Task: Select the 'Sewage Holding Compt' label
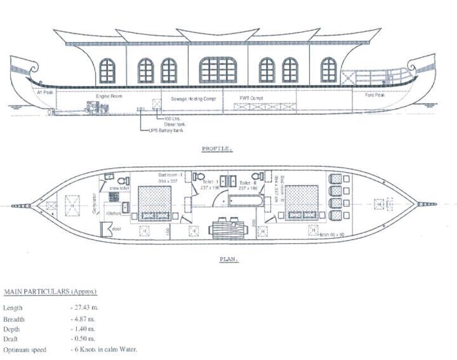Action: (x=194, y=100)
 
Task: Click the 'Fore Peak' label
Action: (x=375, y=97)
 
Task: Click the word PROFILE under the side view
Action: (x=217, y=149)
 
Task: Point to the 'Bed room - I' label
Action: (x=170, y=174)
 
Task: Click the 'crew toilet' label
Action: (x=119, y=189)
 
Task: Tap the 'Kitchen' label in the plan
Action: (x=113, y=213)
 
